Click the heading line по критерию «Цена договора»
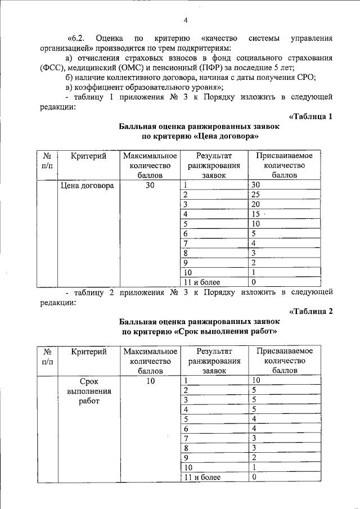[200, 136]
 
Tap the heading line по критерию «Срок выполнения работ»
[200, 331]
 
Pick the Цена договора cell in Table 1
[87, 185]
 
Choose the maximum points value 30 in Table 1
[150, 185]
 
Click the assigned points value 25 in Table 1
[256, 195]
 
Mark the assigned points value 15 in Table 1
[256, 214]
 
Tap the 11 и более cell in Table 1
[202, 282]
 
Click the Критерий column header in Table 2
[89, 351]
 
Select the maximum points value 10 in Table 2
[150, 380]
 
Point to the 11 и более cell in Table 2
[202, 477]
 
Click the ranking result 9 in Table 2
[187, 458]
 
